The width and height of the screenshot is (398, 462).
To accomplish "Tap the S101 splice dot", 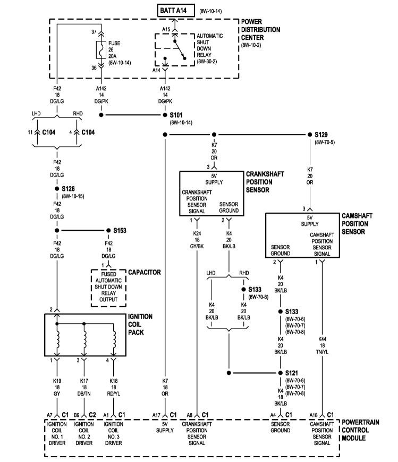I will (165, 115).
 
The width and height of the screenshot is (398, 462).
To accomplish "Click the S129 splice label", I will (321, 135).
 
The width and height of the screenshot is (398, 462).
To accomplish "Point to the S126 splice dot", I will (57, 189).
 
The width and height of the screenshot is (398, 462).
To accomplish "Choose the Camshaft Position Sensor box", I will (302, 236).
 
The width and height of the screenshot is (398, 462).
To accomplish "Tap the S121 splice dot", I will (280, 373).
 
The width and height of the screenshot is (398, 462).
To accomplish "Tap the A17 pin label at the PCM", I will (156, 414).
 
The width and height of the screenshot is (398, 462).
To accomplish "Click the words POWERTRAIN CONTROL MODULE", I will (360, 430).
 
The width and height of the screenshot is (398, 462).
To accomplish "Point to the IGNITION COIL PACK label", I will (140, 324).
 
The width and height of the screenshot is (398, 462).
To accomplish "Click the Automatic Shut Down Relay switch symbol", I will (175, 51).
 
